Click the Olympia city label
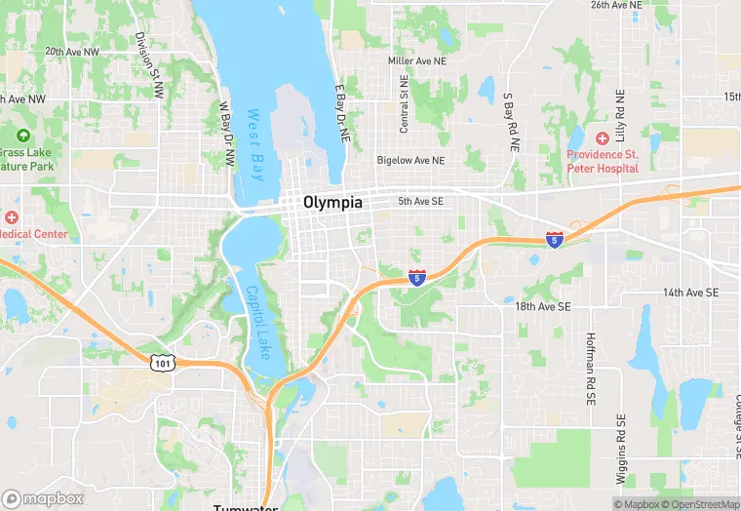coord(332,203)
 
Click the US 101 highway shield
coord(162,362)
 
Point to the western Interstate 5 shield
coord(417,278)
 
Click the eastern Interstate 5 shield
coord(554,238)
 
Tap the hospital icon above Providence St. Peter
coord(603,138)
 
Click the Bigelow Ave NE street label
coord(410,160)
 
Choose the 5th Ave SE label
coord(421,202)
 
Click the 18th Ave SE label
coord(543,306)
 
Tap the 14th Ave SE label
coord(690,293)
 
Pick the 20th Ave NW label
coord(72,52)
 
